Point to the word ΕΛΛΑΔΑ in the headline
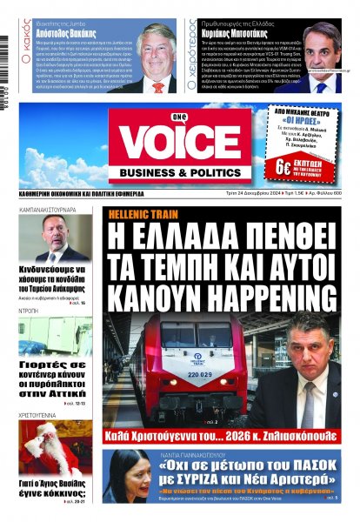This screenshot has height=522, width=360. point(196,235)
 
